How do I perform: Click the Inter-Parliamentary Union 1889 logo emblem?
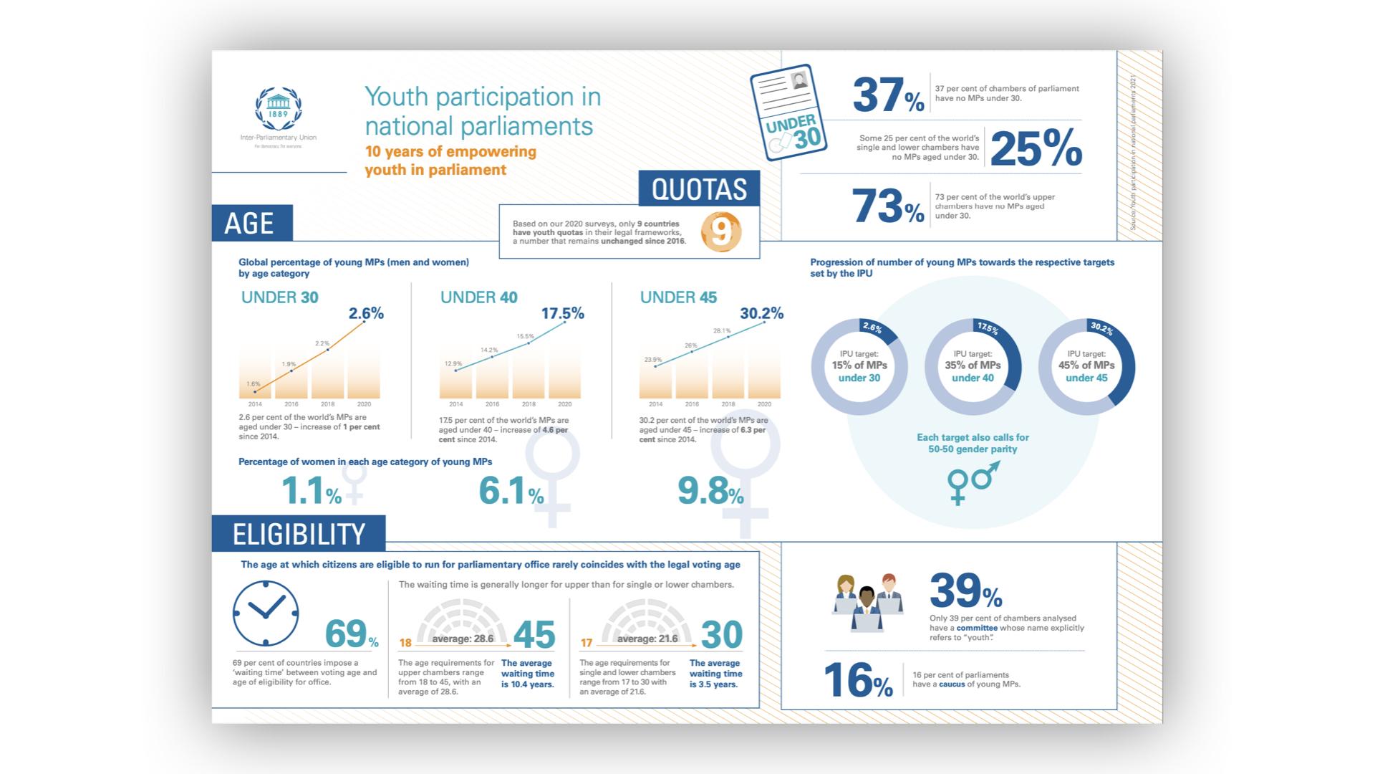tap(278, 109)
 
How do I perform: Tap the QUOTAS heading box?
tap(699, 189)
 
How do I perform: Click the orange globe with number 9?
tap(720, 231)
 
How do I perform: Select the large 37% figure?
tap(888, 95)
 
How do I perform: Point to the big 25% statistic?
tap(1036, 149)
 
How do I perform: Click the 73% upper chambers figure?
tap(888, 206)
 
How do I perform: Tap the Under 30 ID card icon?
tap(788, 113)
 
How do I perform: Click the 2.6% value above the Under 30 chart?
tap(366, 313)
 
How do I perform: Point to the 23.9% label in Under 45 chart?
tap(652, 360)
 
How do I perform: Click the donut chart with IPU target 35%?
tap(973, 366)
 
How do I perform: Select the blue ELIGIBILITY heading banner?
tap(299, 534)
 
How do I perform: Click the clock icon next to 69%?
tap(266, 613)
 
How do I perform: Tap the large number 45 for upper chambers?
tap(534, 635)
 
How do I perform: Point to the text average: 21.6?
tap(647, 639)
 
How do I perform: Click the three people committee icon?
tap(867, 602)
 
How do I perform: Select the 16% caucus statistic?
tap(858, 680)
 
